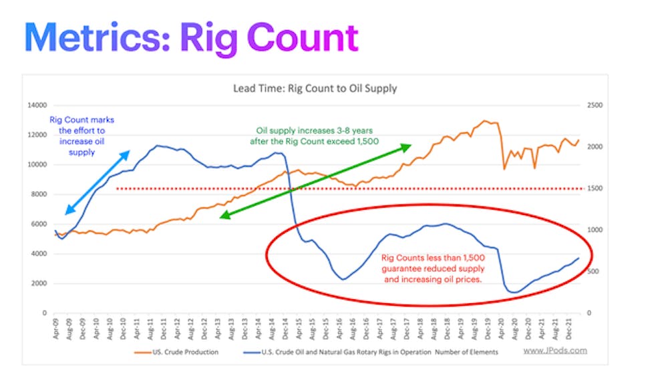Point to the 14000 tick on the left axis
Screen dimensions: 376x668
pyautogui.click(x=37, y=106)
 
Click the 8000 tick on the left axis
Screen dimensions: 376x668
pyautogui.click(x=39, y=194)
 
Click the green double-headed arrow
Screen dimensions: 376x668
pyautogui.click(x=315, y=180)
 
